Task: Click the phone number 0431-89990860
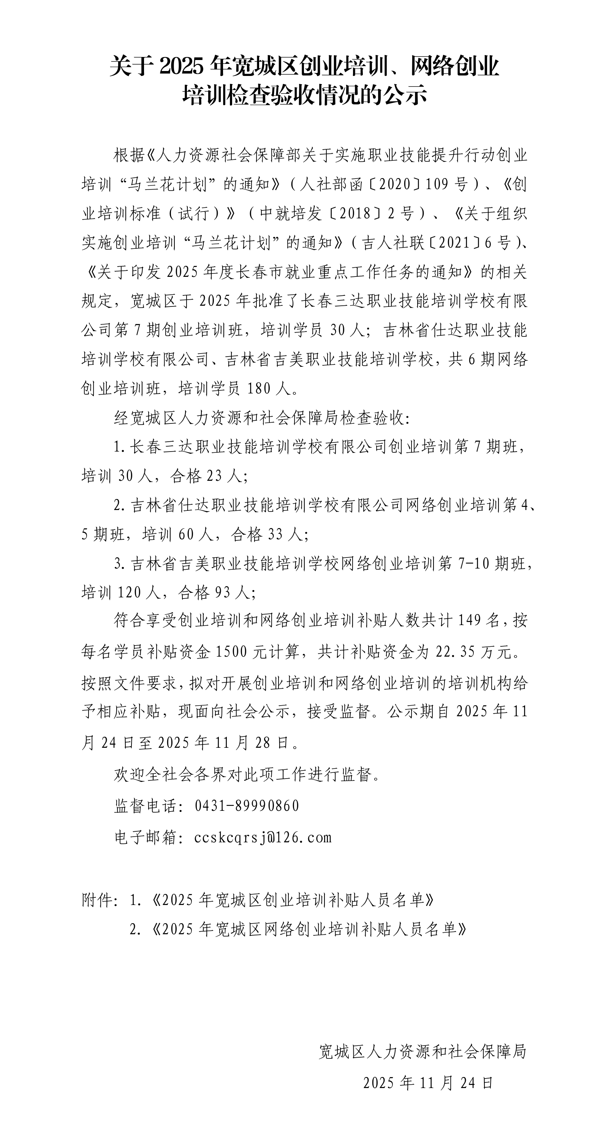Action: click(247, 806)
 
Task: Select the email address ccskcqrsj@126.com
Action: click(263, 837)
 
